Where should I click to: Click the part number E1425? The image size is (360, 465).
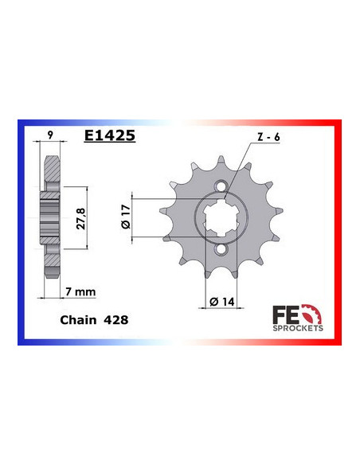[x=110, y=135]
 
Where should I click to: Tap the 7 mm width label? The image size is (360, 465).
[x=81, y=292]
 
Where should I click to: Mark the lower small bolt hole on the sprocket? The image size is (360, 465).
[x=226, y=249]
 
